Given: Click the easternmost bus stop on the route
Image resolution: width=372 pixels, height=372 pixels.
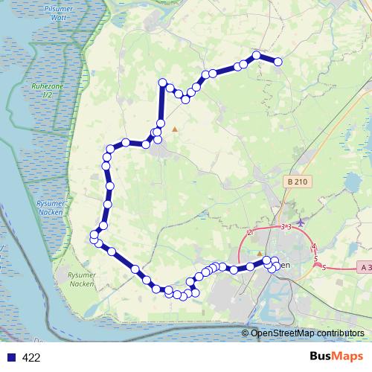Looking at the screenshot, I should pos(278,62).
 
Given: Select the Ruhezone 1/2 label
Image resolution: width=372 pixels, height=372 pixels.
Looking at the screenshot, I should pos(47,90).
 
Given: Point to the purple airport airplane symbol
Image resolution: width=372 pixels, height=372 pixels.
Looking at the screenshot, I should pos(300,222).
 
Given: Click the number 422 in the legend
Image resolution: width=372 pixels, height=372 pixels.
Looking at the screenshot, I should pos(32,358).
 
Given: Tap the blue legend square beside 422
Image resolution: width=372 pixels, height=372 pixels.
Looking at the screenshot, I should pos(10,358).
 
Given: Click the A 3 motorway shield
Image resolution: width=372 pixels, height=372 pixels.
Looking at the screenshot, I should pos(365,266).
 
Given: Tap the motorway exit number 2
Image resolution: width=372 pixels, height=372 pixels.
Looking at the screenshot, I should pos(250,233).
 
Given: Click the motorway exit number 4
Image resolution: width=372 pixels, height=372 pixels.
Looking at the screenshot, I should pos(314,246).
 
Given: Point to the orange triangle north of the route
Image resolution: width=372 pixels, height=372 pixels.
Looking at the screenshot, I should pos(175,129).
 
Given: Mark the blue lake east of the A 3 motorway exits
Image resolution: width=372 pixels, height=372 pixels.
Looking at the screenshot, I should pos(350,183).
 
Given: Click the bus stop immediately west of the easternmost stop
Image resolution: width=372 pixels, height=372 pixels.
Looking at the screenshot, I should pos(257,55).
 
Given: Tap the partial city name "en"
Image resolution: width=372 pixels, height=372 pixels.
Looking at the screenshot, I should pos(288,266).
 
